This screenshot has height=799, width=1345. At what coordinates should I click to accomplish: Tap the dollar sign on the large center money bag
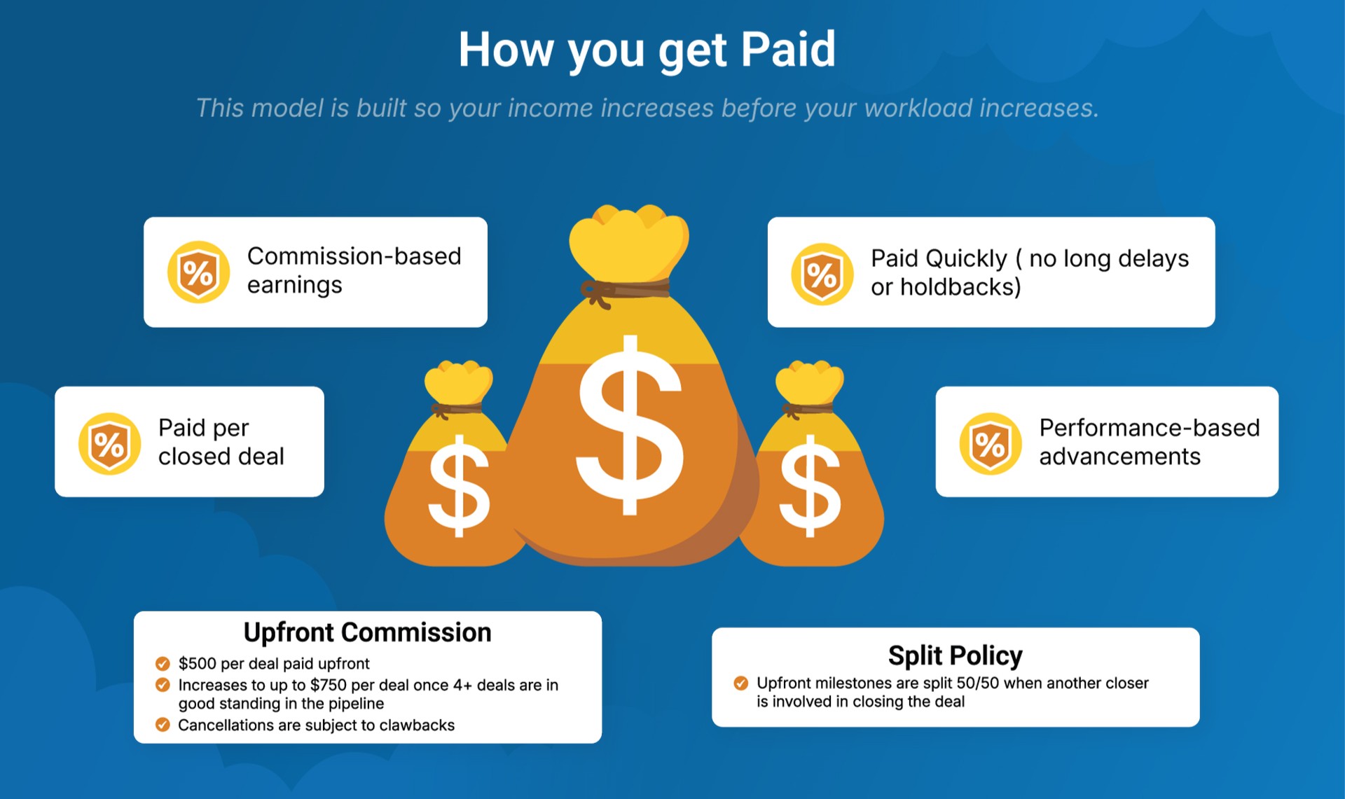[630, 425]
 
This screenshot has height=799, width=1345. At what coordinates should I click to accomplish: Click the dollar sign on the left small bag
[459, 485]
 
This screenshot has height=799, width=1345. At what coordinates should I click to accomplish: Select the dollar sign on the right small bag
[811, 485]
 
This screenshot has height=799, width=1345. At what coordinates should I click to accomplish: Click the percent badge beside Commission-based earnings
[198, 272]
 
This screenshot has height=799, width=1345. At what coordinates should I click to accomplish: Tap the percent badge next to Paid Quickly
[822, 274]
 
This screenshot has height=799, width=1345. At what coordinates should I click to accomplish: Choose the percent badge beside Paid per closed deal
[109, 443]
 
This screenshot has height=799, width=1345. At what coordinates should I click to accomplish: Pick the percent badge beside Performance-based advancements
[991, 443]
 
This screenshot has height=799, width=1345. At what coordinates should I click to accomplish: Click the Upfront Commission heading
[367, 632]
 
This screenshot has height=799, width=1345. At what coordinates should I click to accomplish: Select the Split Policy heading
[956, 655]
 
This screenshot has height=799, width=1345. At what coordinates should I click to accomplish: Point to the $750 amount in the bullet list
[329, 685]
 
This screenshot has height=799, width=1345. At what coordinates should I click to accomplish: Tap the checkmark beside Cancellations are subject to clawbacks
[163, 725]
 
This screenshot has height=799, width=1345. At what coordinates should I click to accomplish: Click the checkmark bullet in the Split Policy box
[740, 683]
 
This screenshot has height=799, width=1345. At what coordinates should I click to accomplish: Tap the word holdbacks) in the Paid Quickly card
[960, 287]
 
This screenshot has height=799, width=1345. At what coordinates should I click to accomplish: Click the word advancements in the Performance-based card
[1119, 457]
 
